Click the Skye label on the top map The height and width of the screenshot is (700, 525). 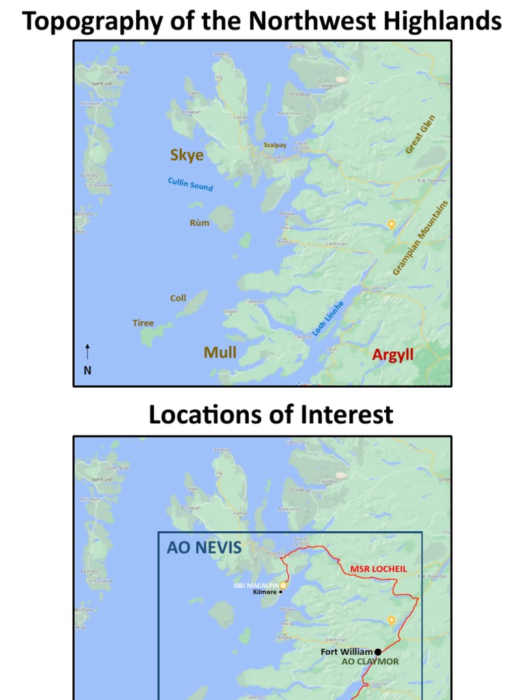click(187, 155)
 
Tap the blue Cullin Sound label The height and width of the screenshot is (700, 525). click(191, 184)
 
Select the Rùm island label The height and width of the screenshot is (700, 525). click(200, 223)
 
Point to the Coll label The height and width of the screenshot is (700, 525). click(178, 298)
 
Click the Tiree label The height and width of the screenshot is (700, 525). click(143, 323)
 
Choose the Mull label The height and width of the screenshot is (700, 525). click(220, 352)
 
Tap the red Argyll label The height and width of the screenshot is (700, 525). click(393, 355)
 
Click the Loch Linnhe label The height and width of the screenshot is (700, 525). click(328, 318)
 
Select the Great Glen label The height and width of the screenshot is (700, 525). click(420, 134)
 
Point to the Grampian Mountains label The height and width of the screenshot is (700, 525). click(421, 238)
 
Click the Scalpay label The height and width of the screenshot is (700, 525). click(275, 145)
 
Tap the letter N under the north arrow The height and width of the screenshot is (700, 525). click(87, 371)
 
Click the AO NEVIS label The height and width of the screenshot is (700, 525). click(204, 548)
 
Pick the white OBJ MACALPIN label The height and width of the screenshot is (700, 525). click(256, 585)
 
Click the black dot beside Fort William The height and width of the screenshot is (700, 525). click(378, 652)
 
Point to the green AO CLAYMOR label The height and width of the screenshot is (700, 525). click(370, 662)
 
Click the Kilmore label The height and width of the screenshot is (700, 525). click(265, 592)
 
